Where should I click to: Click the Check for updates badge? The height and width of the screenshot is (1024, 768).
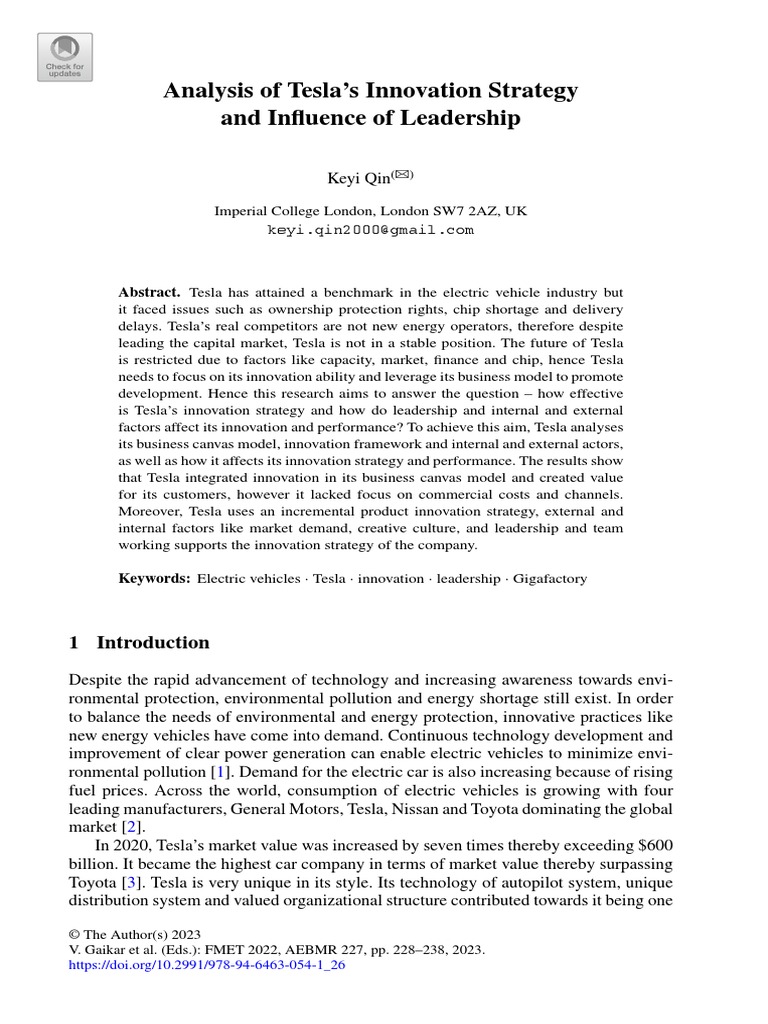[65, 57]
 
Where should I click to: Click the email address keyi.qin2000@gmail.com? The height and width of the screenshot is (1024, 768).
[370, 229]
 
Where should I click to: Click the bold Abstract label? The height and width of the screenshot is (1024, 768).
[149, 292]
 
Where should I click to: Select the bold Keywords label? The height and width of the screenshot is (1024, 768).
[154, 578]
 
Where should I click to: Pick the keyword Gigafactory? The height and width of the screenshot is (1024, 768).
[551, 578]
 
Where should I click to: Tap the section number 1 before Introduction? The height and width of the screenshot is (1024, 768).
[73, 642]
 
